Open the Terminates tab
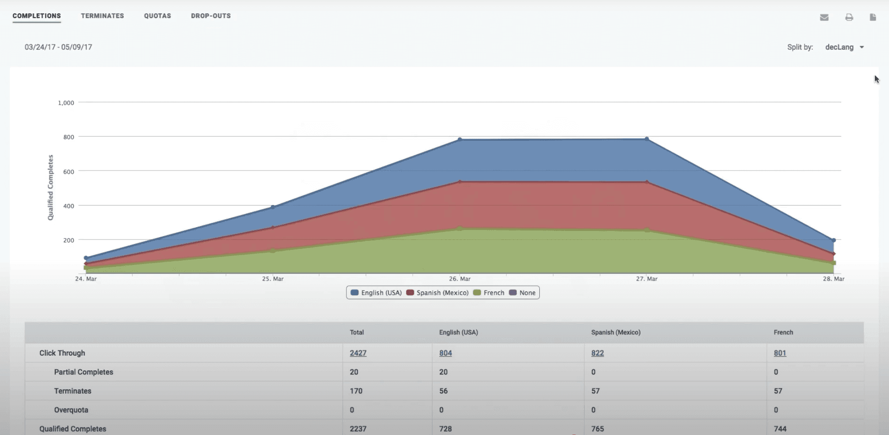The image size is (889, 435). tap(102, 16)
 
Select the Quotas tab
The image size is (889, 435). tap(158, 16)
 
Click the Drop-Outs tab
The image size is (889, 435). tap(211, 16)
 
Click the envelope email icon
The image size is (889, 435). tap(824, 17)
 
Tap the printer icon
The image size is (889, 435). tap(849, 17)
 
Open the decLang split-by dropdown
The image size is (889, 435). tap(844, 47)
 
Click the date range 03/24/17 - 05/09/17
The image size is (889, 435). tap(59, 47)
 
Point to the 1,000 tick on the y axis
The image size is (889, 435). tap(66, 103)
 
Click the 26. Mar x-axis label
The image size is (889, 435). tap(460, 279)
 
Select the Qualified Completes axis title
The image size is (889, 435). tap(50, 188)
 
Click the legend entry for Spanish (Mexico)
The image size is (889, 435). tap(437, 293)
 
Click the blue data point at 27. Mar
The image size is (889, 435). tap(646, 139)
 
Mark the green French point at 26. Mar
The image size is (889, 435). tap(460, 229)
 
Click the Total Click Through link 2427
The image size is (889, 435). tap(358, 353)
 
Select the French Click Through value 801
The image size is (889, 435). tap(780, 353)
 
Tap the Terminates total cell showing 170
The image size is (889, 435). tap(356, 391)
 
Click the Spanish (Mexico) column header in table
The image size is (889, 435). tap(616, 333)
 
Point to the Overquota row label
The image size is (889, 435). tap(71, 410)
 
